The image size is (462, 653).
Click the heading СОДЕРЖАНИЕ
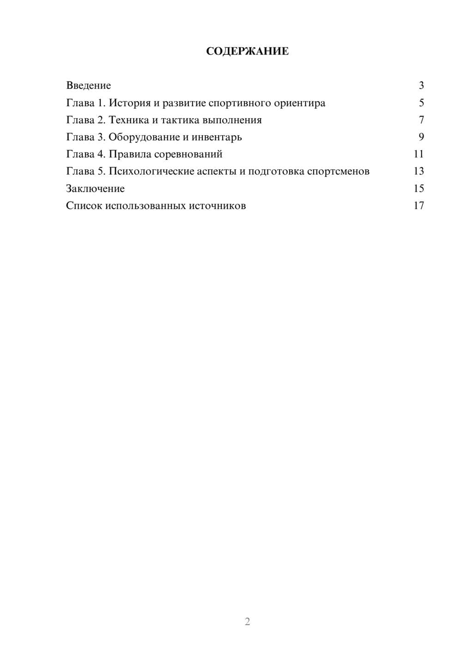click(x=247, y=51)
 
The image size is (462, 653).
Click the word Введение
click(x=89, y=85)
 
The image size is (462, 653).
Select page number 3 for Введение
click(x=421, y=85)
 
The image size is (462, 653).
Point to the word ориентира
click(x=299, y=103)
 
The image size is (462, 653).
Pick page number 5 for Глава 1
click(x=421, y=103)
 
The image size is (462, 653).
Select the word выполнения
click(x=232, y=120)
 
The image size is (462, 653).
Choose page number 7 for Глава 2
click(x=421, y=120)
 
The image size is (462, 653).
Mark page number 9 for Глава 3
click(x=421, y=137)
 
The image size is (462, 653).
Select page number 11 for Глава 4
click(x=419, y=154)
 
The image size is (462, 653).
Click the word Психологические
click(x=151, y=171)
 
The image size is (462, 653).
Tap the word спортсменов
click(x=338, y=171)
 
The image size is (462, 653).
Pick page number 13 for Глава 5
click(x=419, y=171)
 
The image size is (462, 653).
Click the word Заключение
click(x=96, y=188)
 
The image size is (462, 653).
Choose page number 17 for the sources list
click(x=419, y=206)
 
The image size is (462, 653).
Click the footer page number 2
click(x=247, y=622)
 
